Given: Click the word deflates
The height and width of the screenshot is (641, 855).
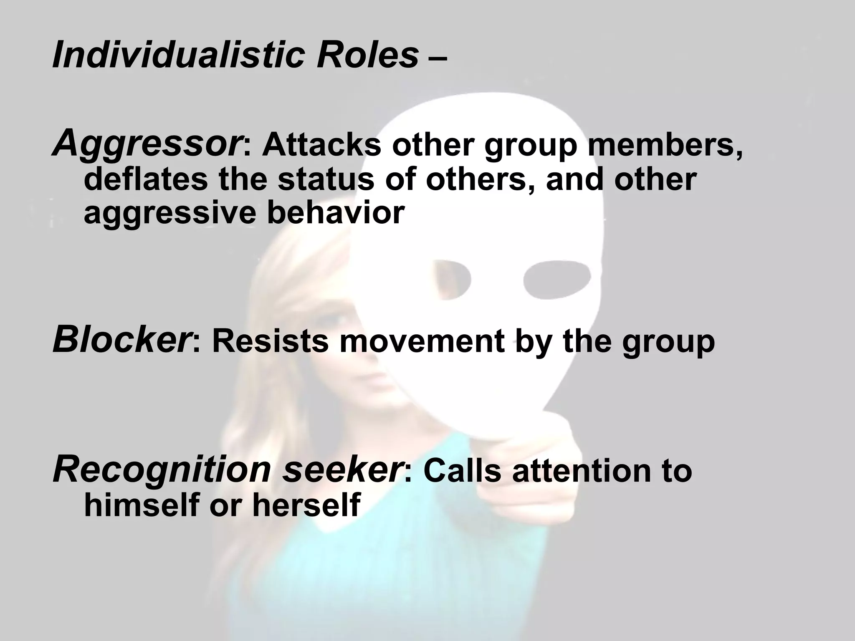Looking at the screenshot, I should [x=146, y=179].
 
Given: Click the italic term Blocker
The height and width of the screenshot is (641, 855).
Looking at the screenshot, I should [x=119, y=341].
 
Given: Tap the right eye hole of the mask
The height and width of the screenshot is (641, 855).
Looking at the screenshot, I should [x=557, y=280].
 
